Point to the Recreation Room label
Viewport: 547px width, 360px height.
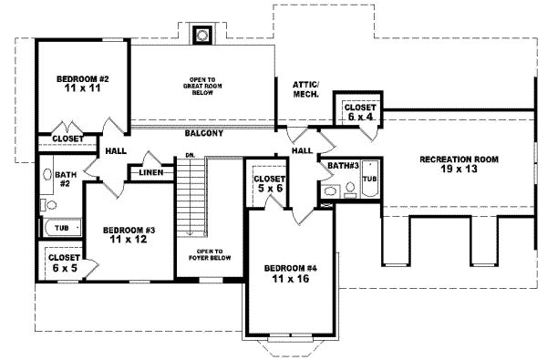[x=459, y=165]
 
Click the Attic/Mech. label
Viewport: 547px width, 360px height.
[x=304, y=88]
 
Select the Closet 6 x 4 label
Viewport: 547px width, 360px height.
[x=356, y=111]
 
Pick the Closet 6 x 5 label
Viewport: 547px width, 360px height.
[x=60, y=263]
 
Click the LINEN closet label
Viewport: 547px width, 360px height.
[x=150, y=172]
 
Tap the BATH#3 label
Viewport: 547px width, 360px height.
[x=341, y=166]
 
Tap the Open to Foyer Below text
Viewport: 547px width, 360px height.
[x=216, y=254]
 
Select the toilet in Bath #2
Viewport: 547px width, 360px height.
[x=47, y=176]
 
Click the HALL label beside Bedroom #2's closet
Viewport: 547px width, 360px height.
[x=115, y=152]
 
